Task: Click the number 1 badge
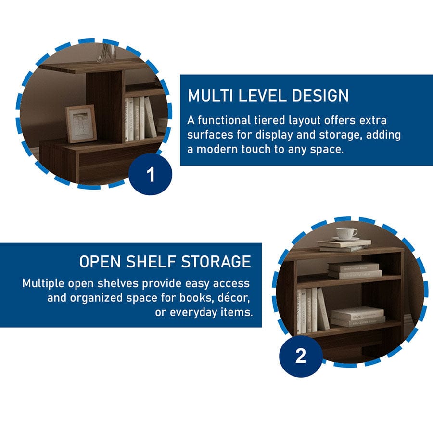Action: tap(150, 174)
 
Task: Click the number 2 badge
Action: tap(301, 356)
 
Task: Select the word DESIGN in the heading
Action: tap(320, 96)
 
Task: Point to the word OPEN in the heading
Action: tap(100, 262)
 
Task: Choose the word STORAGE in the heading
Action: tap(216, 262)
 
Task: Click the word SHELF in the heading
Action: tap(151, 262)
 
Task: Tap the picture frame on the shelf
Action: tap(81, 124)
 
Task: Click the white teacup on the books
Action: tap(346, 234)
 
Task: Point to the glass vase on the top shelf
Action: tap(107, 53)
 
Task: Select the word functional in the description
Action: tap(224, 120)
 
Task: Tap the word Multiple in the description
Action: tap(43, 283)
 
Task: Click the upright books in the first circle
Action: tap(140, 119)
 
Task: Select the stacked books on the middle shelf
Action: tap(355, 270)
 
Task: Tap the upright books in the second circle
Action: tap(313, 311)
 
